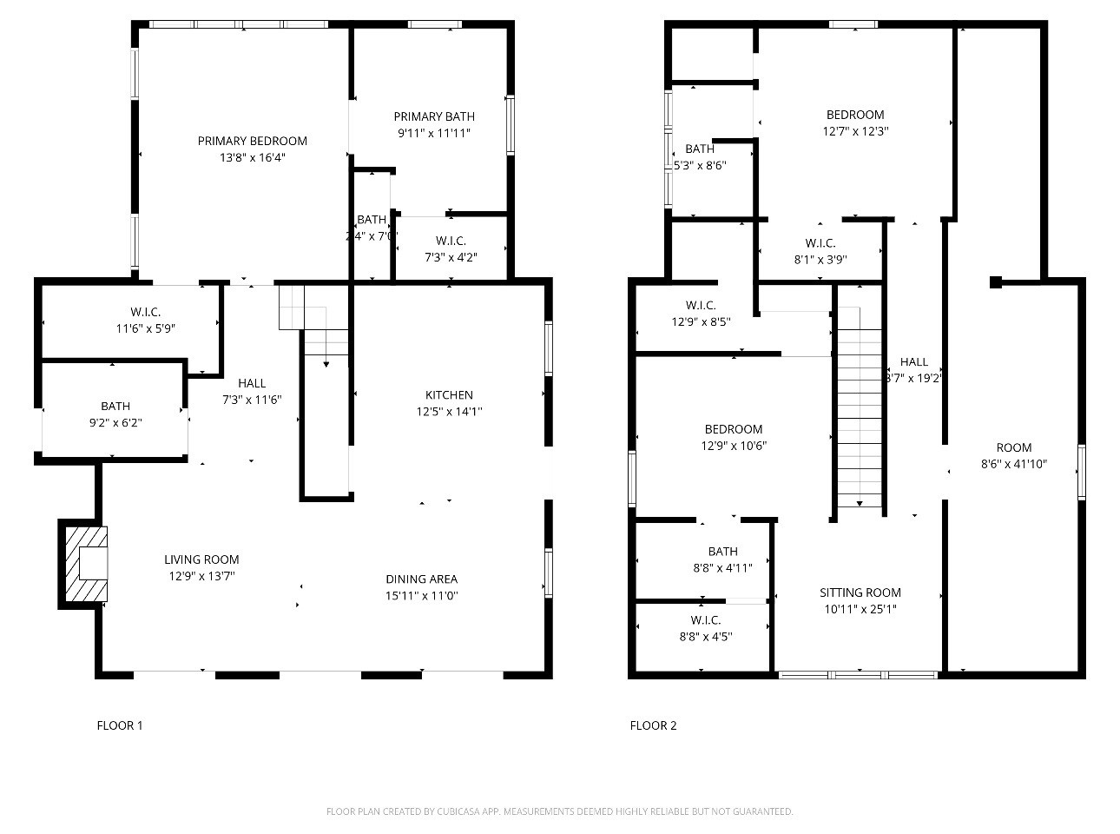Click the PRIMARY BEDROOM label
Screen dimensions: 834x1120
click(252, 141)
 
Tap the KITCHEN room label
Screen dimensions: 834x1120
click(449, 395)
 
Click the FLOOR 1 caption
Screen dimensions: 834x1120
click(119, 725)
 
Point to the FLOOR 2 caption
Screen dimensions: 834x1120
click(653, 725)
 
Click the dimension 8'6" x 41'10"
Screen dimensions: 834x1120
click(1013, 464)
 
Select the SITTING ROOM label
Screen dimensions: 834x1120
click(860, 592)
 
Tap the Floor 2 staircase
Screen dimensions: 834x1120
click(860, 408)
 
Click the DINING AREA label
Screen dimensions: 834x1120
click(421, 579)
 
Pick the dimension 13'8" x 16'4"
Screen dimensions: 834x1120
click(252, 158)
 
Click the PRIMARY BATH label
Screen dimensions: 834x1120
click(434, 116)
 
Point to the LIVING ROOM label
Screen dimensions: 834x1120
click(201, 559)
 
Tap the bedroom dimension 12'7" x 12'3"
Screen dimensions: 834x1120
click(855, 131)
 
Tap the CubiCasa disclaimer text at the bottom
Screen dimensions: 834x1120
click(559, 811)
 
